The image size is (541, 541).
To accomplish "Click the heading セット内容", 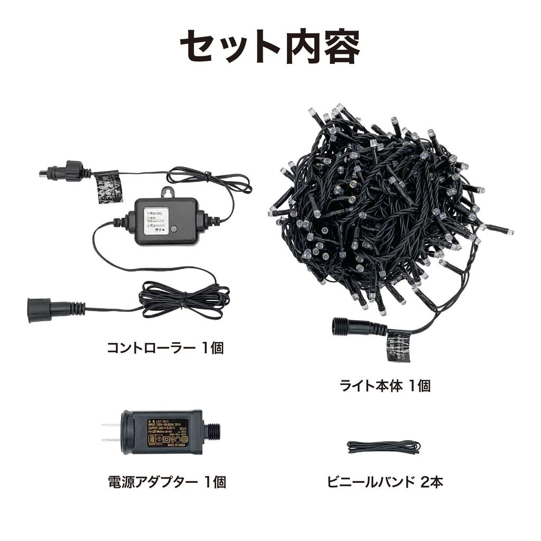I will click(x=270, y=47).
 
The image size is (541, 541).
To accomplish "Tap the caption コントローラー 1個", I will click(x=165, y=348).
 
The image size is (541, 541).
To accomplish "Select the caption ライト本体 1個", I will click(x=385, y=386).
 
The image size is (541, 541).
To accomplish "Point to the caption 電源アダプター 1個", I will click(x=166, y=482).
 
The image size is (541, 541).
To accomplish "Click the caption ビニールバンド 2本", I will click(x=385, y=482).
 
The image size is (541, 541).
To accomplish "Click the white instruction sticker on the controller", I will click(x=156, y=219).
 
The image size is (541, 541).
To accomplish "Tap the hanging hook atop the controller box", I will click(x=167, y=192).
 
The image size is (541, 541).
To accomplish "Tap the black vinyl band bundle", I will click(x=383, y=447).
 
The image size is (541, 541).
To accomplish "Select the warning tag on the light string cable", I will click(x=398, y=346).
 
